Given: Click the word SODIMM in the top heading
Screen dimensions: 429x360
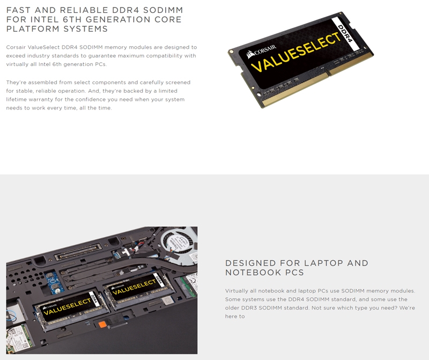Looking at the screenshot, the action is pyautogui.click(x=163, y=10).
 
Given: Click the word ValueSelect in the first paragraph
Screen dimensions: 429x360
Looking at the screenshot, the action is pyautogui.click(x=43, y=47).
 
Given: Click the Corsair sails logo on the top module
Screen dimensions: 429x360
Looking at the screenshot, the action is pyautogui.click(x=250, y=55).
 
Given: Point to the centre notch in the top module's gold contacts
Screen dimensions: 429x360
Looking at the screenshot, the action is pyautogui.click(x=328, y=74).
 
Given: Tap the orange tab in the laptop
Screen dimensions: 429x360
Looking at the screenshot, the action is pyautogui.click(x=102, y=325).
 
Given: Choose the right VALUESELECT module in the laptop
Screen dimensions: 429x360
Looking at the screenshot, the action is pyautogui.click(x=139, y=289).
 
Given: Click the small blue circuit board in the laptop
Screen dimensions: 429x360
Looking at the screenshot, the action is pyautogui.click(x=54, y=282).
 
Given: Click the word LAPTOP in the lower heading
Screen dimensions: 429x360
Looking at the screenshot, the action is pyautogui.click(x=323, y=263).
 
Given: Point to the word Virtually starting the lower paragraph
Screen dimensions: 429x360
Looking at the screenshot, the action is pyautogui.click(x=236, y=291).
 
